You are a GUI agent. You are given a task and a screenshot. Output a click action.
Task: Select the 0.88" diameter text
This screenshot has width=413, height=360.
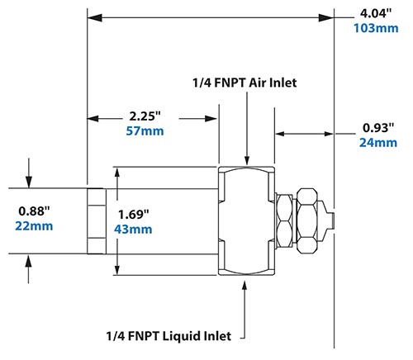pyautogui.click(x=36, y=211)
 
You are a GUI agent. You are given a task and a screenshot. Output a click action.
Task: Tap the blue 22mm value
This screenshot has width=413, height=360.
pyautogui.click(x=36, y=225)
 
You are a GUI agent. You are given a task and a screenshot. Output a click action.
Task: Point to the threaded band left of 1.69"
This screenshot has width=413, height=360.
pyautogui.click(x=96, y=220)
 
